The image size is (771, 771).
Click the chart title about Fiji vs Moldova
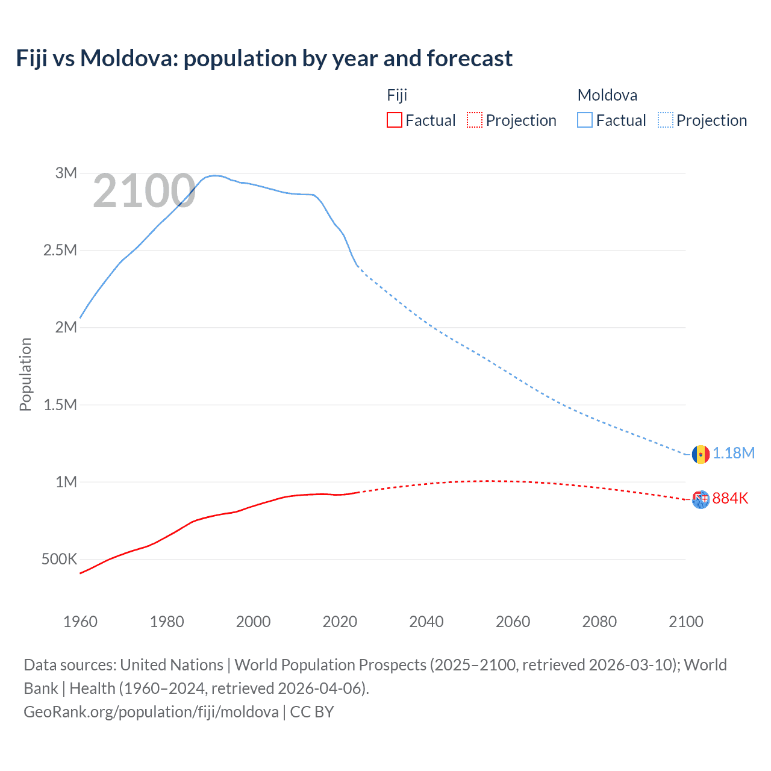click(x=264, y=58)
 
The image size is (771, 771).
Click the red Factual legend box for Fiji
click(x=394, y=120)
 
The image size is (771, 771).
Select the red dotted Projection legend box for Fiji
click(x=475, y=120)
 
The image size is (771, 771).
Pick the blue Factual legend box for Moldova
click(x=585, y=120)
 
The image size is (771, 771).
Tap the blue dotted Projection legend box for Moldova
click(x=666, y=120)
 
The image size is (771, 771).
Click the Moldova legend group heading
click(x=607, y=95)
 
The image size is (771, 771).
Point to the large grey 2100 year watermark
click(x=144, y=192)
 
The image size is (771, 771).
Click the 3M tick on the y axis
click(x=66, y=173)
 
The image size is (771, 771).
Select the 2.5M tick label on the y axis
click(x=60, y=251)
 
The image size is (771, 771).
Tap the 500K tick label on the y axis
click(x=59, y=560)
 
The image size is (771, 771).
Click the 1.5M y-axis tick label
click(x=60, y=405)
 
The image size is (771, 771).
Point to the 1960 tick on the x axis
click(x=80, y=622)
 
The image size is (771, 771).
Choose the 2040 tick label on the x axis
click(x=426, y=622)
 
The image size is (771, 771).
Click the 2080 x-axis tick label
click(x=599, y=622)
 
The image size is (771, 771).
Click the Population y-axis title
click(x=25, y=374)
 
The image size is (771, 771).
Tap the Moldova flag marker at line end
click(x=701, y=454)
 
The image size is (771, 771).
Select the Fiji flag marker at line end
click(x=701, y=500)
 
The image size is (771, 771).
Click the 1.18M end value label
click(x=734, y=454)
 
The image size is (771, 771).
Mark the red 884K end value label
click(x=730, y=499)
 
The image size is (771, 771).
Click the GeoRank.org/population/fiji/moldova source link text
click(x=151, y=712)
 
